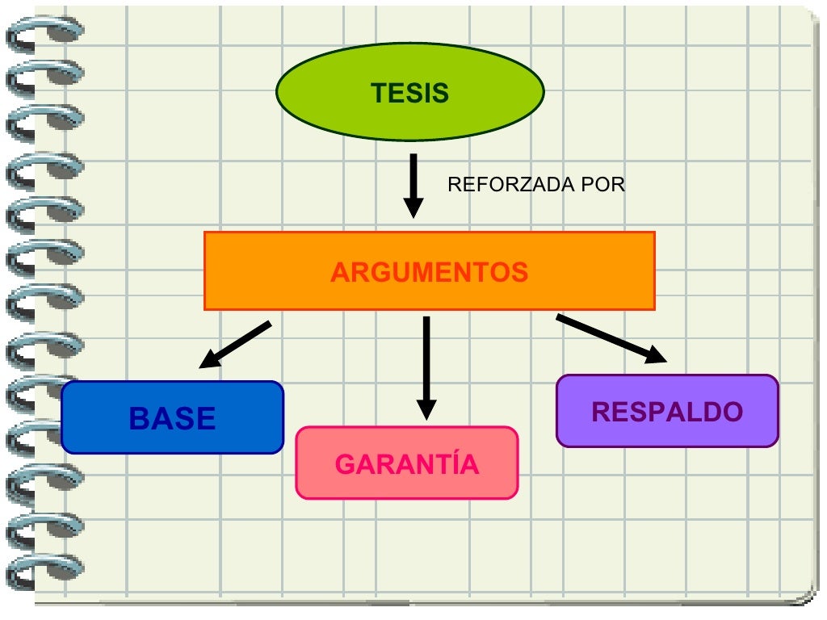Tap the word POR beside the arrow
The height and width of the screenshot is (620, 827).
[608, 185]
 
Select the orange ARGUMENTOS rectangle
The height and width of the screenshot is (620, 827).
[429, 271]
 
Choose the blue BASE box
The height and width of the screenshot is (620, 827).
[172, 417]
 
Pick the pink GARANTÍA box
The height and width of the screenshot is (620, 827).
[406, 463]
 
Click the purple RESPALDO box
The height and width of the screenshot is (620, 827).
[667, 411]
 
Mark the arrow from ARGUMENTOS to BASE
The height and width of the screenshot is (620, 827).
[235, 344]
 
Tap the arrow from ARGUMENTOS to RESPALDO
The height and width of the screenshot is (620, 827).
[611, 337]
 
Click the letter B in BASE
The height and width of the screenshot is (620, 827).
[140, 419]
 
